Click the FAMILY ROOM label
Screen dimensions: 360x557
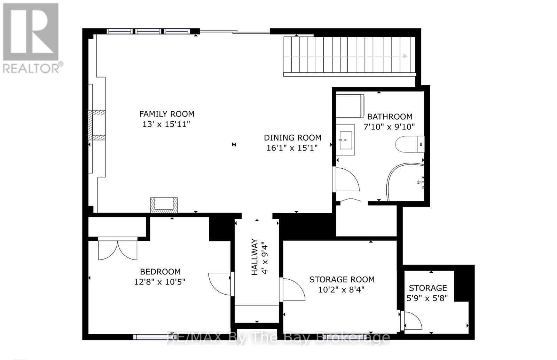pos(167,114)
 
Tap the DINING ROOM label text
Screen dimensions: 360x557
pos(292,138)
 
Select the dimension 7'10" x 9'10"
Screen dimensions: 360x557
pos(389,127)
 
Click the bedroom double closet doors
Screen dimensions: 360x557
pos(118,249)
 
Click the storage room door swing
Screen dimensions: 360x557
pos(293,290)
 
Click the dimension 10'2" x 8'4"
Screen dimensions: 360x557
pos(342,289)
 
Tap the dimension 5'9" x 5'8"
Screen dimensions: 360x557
pos(427,298)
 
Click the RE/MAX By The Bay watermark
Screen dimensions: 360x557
pos(278,337)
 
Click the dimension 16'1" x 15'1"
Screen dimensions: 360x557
pos(292,148)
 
